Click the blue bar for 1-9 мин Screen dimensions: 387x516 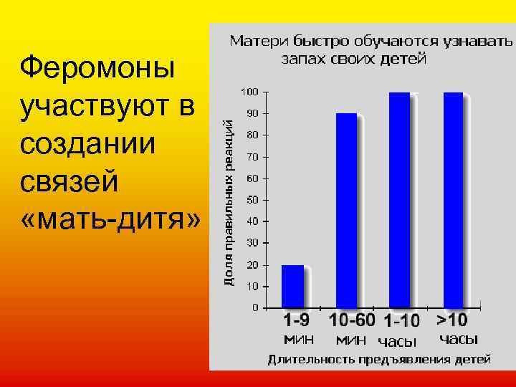point(292,286)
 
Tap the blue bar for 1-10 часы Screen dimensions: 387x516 point(399,200)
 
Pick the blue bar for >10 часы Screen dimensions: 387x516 point(454,200)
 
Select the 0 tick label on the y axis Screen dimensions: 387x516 point(256,307)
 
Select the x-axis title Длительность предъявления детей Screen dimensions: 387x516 point(379,359)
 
